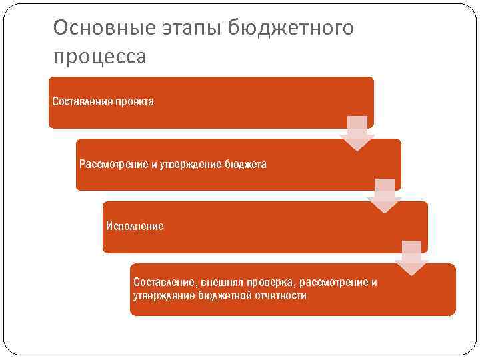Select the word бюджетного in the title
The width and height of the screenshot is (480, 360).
click(291, 28)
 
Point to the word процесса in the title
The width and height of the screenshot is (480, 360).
click(99, 57)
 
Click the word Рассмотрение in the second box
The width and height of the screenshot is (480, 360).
click(111, 164)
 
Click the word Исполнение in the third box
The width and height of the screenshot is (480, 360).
click(135, 226)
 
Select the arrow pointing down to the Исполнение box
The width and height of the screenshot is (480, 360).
click(384, 195)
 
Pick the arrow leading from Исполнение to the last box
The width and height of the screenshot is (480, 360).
click(411, 257)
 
